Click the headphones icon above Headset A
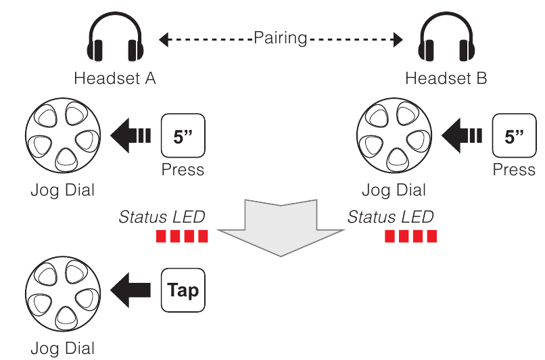point(115,41)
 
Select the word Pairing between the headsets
point(280,38)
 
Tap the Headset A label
point(115,78)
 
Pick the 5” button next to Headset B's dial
point(515,136)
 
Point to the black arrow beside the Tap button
point(131,291)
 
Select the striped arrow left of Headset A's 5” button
point(130,136)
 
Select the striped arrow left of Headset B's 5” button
point(461,136)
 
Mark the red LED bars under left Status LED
point(182,237)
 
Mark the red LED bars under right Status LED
point(411,237)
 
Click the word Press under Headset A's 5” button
point(183,169)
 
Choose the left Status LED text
point(162,217)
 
